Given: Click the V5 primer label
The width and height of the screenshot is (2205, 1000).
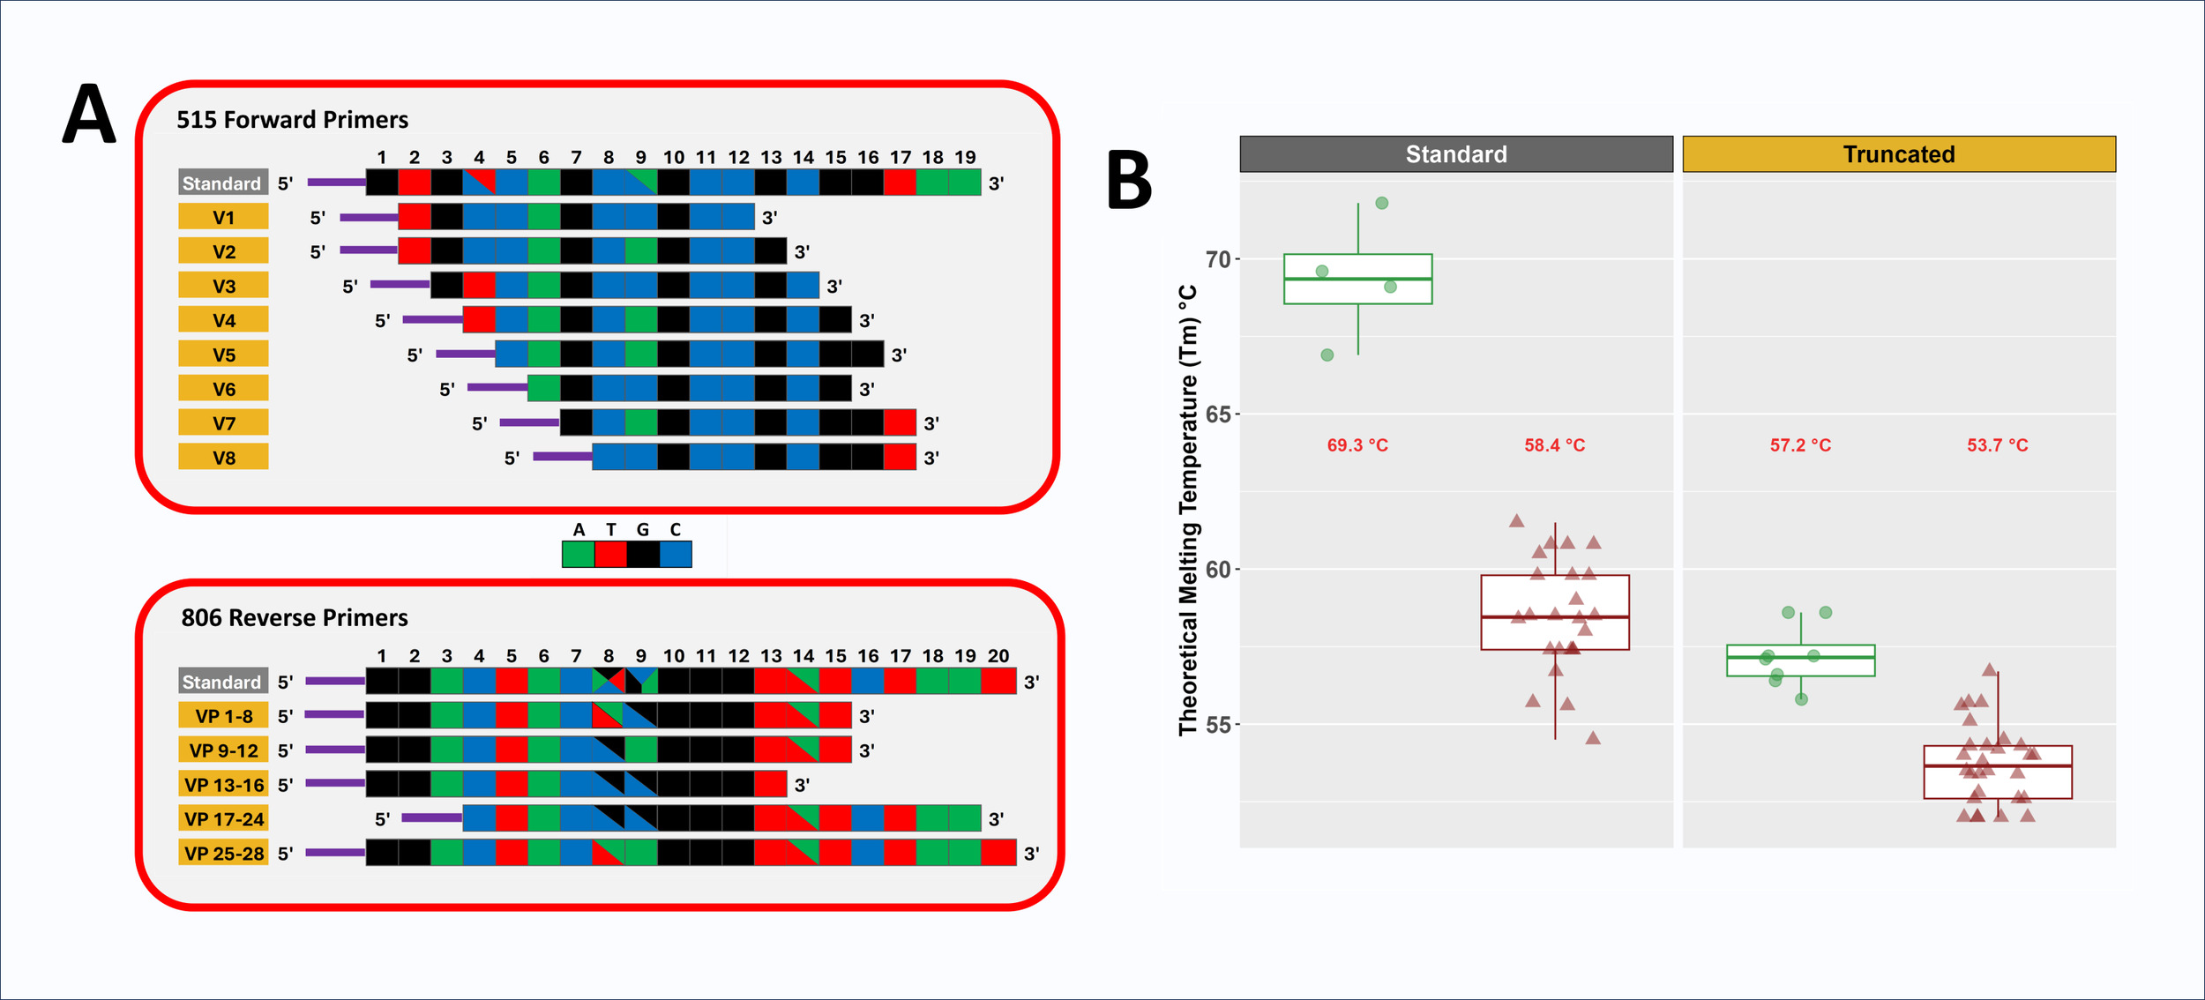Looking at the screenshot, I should (x=223, y=354).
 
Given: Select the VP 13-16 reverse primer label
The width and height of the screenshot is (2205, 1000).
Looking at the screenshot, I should (x=223, y=785).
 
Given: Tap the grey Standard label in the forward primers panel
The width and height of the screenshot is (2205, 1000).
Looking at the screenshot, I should (x=222, y=183).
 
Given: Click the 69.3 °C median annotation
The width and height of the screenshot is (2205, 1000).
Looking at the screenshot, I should (x=1357, y=445).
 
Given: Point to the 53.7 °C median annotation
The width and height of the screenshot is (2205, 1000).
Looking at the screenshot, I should (x=1997, y=445).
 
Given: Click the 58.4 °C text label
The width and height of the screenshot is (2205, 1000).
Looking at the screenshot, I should (x=1554, y=445).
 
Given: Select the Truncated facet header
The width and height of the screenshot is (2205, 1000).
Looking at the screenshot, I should (x=1898, y=154).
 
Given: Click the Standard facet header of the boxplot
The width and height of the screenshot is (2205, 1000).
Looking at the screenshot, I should (x=1455, y=154).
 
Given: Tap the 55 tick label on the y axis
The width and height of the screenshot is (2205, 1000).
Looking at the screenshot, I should (x=1217, y=725).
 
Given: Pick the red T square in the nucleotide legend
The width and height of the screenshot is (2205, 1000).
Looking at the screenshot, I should (x=610, y=554).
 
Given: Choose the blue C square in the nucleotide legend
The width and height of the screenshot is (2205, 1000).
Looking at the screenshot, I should (x=676, y=554).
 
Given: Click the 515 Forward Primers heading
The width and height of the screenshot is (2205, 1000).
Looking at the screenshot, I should (x=292, y=120).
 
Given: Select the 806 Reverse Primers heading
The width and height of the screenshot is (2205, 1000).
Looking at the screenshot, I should (x=295, y=617).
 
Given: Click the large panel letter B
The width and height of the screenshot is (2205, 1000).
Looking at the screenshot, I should (x=1129, y=180).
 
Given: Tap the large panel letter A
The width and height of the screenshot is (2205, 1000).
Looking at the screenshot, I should (x=89, y=115).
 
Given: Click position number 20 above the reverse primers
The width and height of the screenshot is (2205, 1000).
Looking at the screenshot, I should (x=998, y=656).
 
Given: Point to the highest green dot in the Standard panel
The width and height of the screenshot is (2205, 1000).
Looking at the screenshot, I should (x=1382, y=203).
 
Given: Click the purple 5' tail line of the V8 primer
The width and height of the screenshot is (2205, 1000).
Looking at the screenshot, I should (x=562, y=456).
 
